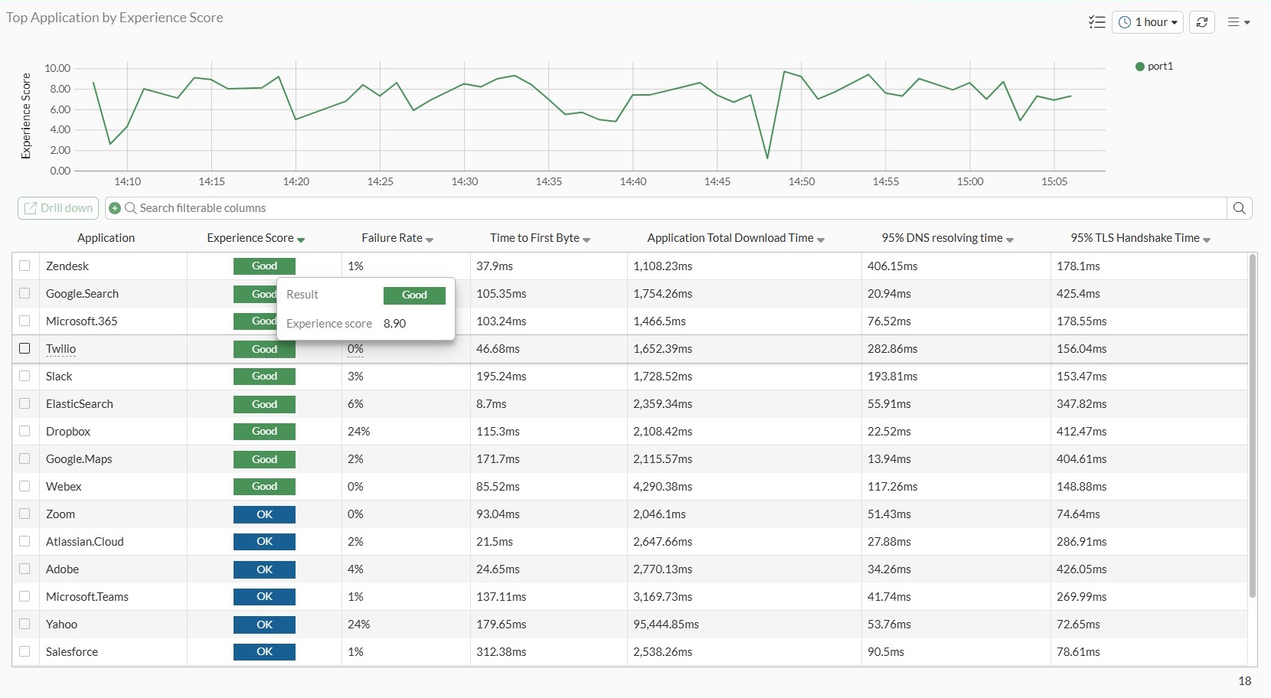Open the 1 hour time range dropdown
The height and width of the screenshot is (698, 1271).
(x=1148, y=22)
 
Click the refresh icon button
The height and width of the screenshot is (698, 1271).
(x=1202, y=22)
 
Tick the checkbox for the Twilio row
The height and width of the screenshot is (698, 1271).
(x=25, y=348)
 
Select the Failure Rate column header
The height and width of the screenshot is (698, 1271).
(x=392, y=238)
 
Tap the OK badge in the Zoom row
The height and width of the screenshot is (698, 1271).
(x=264, y=514)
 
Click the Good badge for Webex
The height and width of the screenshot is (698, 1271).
(x=264, y=487)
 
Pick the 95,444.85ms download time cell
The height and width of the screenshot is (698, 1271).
(x=666, y=625)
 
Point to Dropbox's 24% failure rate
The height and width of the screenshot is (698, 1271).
(x=358, y=432)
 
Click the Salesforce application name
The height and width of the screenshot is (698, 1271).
(x=72, y=652)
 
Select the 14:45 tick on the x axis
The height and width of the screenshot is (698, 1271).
(x=717, y=181)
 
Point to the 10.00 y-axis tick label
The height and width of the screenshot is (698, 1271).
(x=57, y=68)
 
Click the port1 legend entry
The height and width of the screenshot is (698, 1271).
(x=1155, y=67)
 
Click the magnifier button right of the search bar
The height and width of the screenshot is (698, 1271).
(x=1240, y=208)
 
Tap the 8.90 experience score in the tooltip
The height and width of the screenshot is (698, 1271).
(x=395, y=324)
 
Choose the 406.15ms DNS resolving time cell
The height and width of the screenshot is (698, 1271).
(x=892, y=266)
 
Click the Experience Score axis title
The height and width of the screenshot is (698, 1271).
(x=26, y=116)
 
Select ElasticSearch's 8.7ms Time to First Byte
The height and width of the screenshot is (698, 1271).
(x=492, y=404)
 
